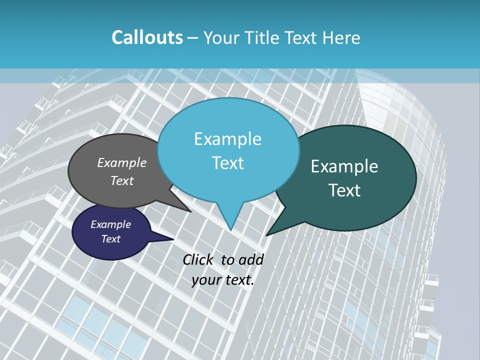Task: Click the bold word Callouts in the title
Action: click(147, 37)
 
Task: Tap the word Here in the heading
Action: click(339, 37)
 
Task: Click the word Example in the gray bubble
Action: click(122, 162)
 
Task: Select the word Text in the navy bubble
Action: click(111, 239)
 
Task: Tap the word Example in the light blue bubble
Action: click(227, 139)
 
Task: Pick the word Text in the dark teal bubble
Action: click(344, 190)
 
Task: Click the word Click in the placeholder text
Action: click(198, 259)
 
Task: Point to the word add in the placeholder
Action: click(250, 259)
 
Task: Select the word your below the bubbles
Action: click(206, 280)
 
